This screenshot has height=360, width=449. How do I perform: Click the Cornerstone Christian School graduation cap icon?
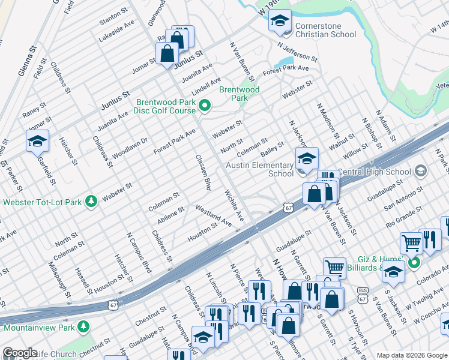(279, 20)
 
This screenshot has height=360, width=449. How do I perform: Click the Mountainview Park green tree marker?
(84, 328)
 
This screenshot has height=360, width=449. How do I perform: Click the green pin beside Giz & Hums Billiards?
(413, 263)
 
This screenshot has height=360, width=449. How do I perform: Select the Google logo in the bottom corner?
(20, 353)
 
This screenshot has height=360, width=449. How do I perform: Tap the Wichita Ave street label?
(234, 205)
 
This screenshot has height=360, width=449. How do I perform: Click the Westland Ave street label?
(214, 215)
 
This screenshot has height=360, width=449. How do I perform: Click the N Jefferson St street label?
(297, 52)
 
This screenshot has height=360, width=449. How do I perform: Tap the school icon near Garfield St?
(37, 141)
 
